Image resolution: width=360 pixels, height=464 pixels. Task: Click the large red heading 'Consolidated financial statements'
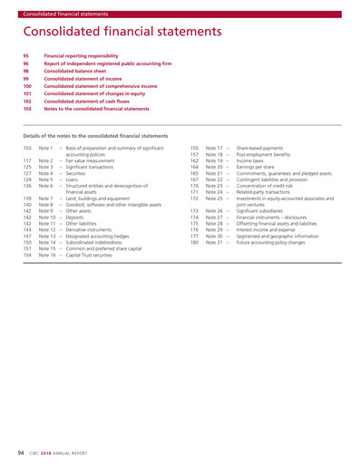click(128, 34)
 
